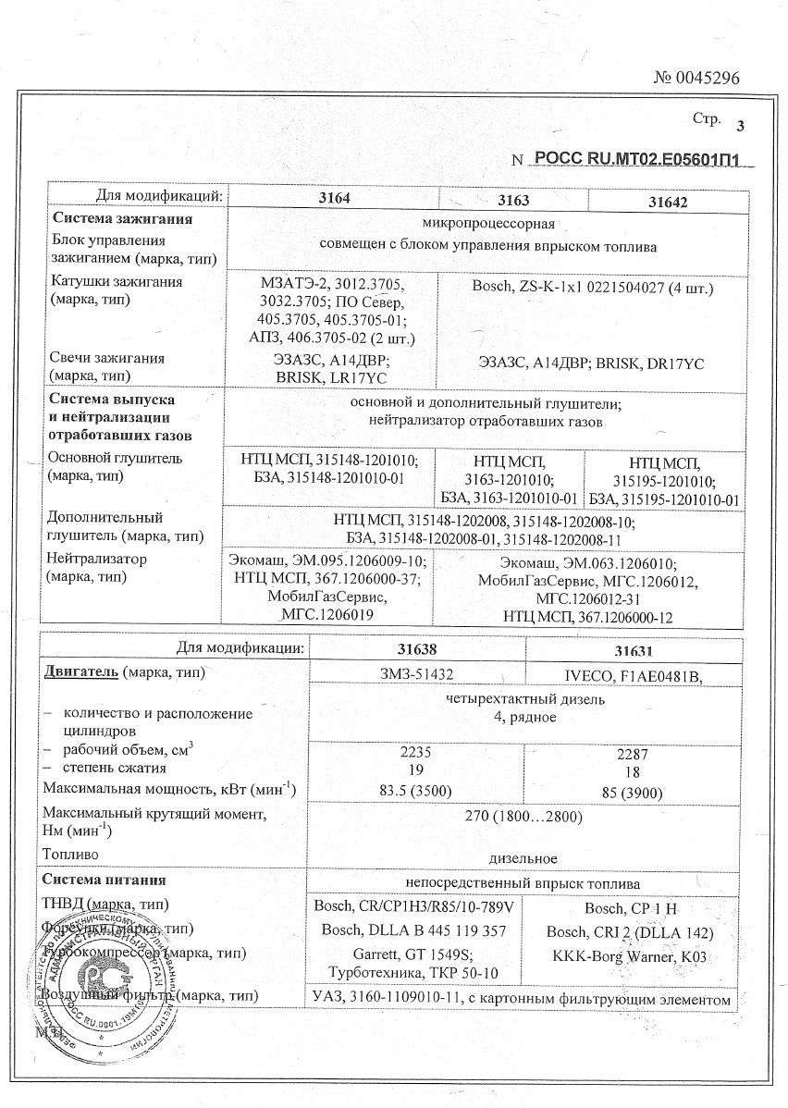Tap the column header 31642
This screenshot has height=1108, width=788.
pyautogui.click(x=670, y=200)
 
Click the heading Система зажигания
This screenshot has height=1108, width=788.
pyautogui.click(x=122, y=220)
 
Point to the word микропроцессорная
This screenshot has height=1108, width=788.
pyautogui.click(x=486, y=225)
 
